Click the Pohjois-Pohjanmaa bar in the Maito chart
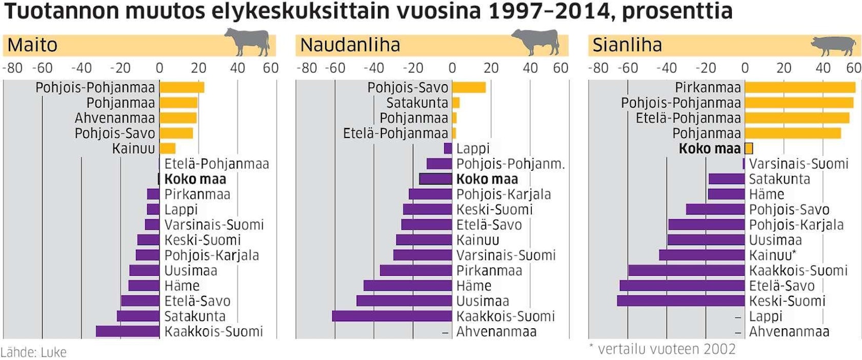coord(182,87)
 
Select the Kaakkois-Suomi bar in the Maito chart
coord(128,331)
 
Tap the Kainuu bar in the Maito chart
coord(168,149)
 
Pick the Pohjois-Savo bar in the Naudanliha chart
coord(469,87)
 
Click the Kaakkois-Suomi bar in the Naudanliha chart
coord(392,316)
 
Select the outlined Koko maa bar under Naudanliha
coord(436,179)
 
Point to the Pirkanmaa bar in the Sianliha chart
coord(800,87)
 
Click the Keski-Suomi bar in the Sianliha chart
coord(681,301)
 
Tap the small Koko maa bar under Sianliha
coord(749,149)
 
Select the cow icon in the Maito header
coord(248,42)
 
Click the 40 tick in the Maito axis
coord(237,68)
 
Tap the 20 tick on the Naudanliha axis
coord(491,68)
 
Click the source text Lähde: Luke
coord(34,352)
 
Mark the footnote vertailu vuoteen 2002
coord(666,349)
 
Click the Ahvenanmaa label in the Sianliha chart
coord(789,331)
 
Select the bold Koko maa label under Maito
coord(195,179)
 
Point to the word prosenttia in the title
coord(677,11)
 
